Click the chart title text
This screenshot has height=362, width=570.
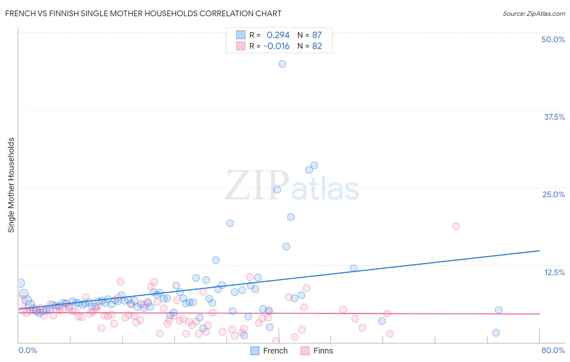coord(143,13)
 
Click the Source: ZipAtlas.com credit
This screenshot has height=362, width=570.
coord(534,13)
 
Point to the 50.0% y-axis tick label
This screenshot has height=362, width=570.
coord(553,39)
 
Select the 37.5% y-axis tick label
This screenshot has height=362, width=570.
coord(554,117)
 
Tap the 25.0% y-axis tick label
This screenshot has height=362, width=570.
coord(553,194)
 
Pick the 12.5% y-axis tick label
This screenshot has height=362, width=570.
coord(554,272)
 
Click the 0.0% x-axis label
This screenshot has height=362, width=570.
coord(28,350)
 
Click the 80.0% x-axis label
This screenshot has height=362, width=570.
coord(553,350)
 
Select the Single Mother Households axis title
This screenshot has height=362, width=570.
coord(11,185)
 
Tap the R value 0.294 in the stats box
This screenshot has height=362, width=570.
coord(278,35)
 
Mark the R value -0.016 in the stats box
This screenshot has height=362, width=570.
coord(276,46)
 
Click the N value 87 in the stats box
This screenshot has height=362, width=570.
coord(317,35)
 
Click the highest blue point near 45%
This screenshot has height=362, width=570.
coord(282,64)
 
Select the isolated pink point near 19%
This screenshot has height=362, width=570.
coord(456,226)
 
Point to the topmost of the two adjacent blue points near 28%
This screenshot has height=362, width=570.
coord(314,165)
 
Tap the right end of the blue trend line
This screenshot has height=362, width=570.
coord(539,251)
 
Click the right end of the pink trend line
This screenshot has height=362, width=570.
coord(539,314)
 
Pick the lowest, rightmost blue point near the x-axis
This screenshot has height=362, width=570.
coord(496,333)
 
